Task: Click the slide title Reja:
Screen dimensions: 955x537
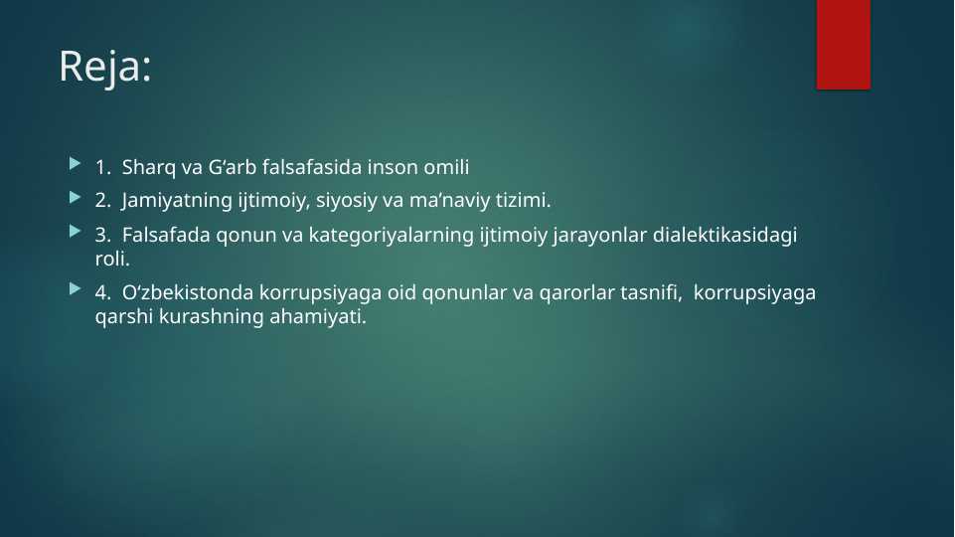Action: pos(104,67)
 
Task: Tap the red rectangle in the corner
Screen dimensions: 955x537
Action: pos(844,45)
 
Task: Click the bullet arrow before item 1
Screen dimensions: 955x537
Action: pos(75,163)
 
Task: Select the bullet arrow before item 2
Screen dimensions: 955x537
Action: pos(75,197)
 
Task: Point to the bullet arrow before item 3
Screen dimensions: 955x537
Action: pos(75,231)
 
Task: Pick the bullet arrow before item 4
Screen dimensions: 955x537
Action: pos(75,289)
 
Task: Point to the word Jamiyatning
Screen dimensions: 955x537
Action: pos(177,201)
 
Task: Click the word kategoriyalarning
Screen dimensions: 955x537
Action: pos(391,236)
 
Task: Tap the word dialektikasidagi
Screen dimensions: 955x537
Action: pos(724,236)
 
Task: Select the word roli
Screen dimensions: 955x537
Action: pos(112,259)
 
